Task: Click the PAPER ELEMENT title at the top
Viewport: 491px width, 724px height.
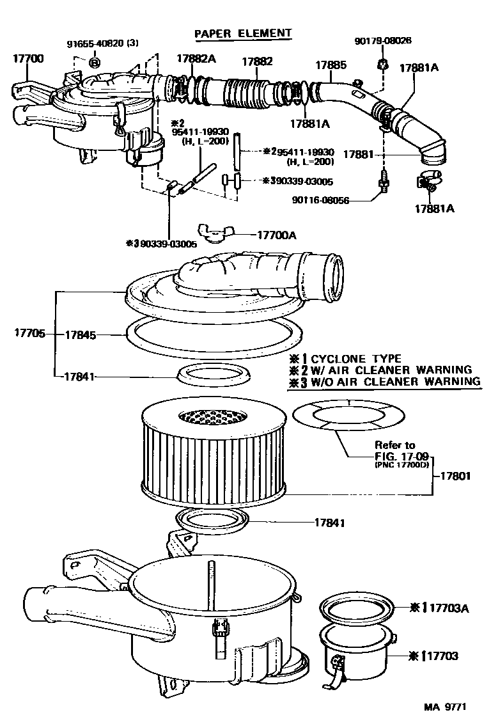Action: point(242,33)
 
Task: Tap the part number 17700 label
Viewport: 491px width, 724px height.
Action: point(28,58)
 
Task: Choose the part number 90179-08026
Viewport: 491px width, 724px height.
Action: point(383,40)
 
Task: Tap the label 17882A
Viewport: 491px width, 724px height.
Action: point(196,59)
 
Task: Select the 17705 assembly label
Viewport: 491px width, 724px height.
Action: point(29,333)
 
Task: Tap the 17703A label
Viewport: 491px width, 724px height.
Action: point(448,607)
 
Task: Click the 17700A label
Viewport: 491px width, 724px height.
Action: point(277,235)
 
